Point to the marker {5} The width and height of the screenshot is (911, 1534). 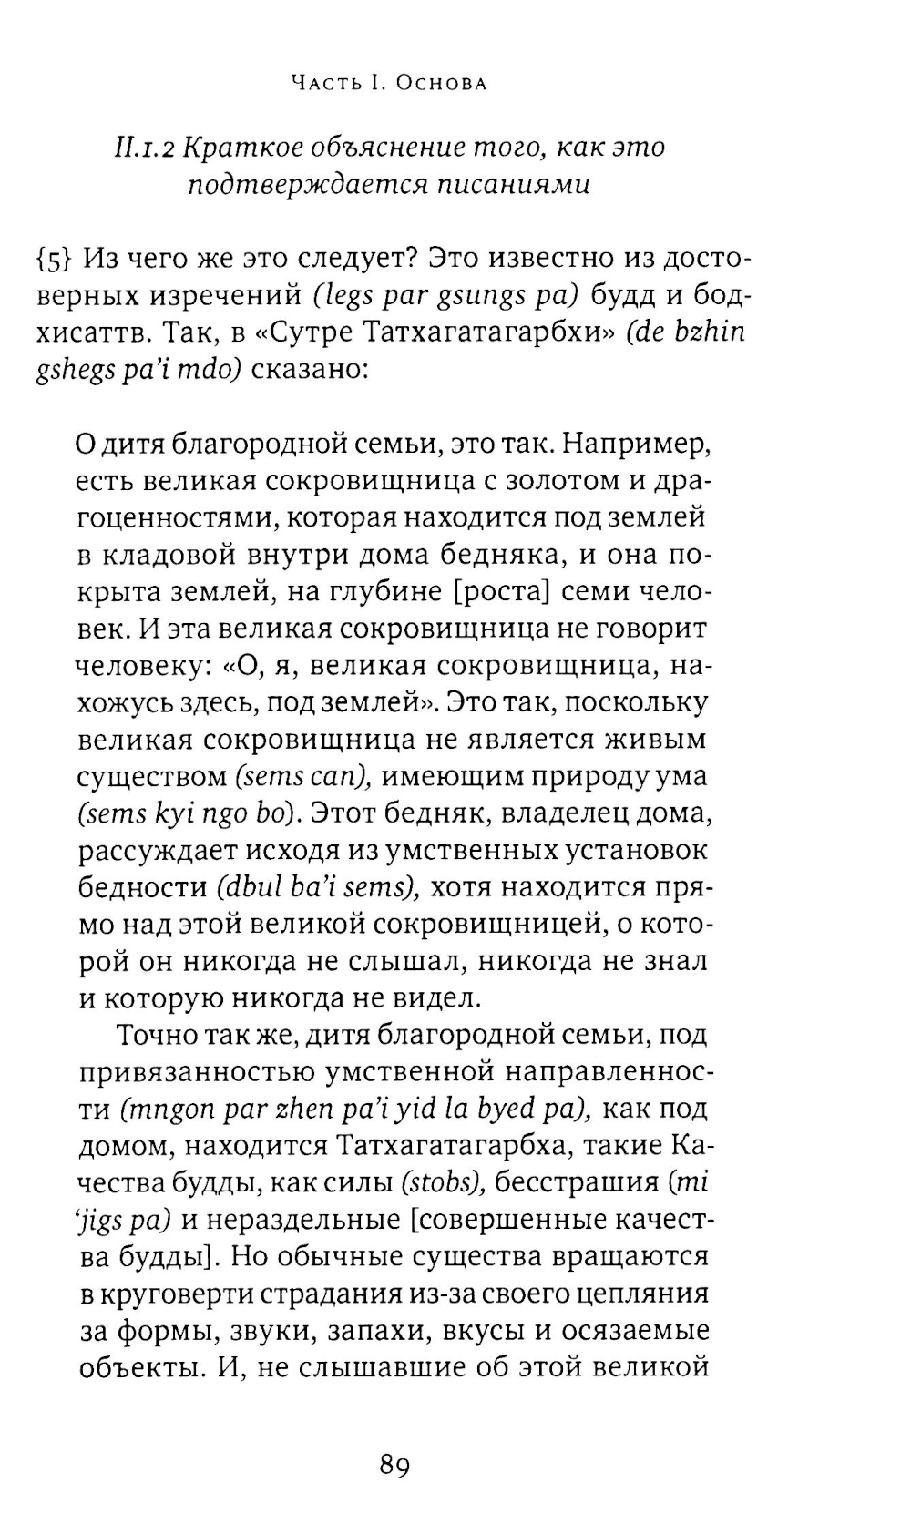pos(53,260)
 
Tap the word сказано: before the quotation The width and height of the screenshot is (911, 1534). pos(308,372)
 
